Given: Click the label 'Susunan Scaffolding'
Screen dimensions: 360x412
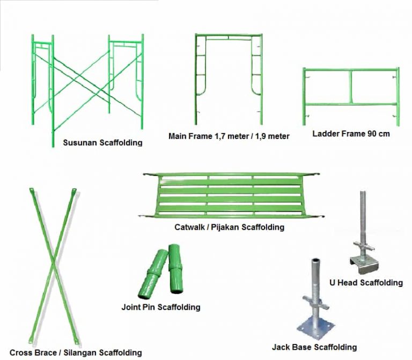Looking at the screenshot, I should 102,143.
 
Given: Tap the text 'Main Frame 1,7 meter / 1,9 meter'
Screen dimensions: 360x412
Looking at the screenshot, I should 229,136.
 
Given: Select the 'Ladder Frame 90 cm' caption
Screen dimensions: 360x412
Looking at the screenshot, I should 351,134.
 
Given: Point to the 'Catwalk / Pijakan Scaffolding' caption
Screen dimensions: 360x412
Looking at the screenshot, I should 229,227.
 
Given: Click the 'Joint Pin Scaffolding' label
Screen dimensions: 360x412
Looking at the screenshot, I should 161,307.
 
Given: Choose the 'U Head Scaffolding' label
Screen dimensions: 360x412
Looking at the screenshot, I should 366,282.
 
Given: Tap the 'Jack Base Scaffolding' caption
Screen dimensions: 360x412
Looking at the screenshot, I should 314,347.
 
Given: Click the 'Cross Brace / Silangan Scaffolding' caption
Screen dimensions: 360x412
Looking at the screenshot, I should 76,352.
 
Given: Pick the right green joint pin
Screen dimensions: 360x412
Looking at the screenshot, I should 176,268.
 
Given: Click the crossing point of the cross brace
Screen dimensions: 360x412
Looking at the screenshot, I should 52,263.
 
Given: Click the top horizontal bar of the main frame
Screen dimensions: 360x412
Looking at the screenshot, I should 229,35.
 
